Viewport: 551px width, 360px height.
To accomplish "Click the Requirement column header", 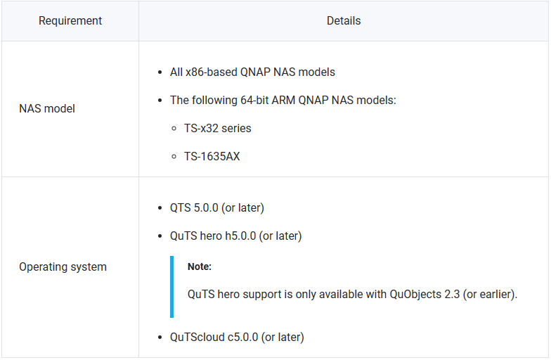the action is [x=70, y=21].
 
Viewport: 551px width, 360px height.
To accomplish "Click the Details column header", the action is [x=344, y=21].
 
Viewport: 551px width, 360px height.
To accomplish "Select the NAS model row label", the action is [x=47, y=108].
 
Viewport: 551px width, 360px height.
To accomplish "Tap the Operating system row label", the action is [x=63, y=267].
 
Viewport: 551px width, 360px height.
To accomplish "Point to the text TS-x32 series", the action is [x=218, y=128].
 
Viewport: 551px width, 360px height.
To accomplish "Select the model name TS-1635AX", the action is [x=212, y=156].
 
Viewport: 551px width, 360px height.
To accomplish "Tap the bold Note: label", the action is [x=200, y=266].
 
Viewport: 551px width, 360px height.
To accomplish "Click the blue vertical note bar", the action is [x=171, y=287].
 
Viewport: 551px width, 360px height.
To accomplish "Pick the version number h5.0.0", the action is [x=240, y=236].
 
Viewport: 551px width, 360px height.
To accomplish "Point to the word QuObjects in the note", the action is [x=415, y=294].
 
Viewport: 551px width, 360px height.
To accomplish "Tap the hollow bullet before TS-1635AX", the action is [x=174, y=157].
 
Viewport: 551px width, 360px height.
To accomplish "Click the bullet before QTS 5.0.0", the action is [x=160, y=208].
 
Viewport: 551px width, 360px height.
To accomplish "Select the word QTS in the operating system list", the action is [x=181, y=208].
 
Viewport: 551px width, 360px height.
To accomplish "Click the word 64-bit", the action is [x=254, y=100].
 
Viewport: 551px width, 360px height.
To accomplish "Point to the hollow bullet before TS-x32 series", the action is [x=174, y=129].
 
